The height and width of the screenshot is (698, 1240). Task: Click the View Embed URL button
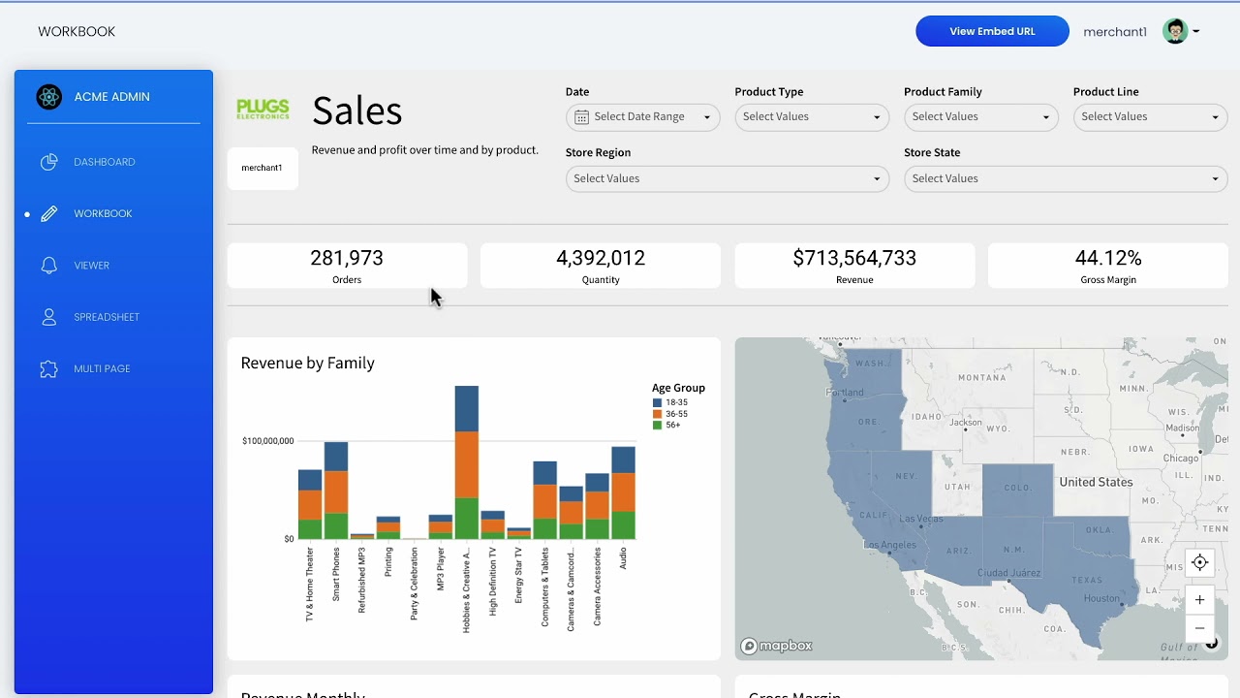pos(992,31)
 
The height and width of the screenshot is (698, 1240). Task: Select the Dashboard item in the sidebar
pos(104,162)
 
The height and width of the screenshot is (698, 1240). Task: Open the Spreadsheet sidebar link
pos(107,317)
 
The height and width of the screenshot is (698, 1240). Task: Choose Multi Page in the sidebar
pos(102,368)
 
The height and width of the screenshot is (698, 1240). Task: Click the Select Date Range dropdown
pos(642,117)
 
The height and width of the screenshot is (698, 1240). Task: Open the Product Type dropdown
pos(811,117)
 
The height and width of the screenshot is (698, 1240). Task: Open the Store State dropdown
pos(1065,178)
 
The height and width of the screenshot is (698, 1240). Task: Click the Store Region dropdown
pos(727,178)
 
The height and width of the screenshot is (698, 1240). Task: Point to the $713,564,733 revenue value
pos(854,258)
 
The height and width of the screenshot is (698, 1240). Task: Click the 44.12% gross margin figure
pos(1108,258)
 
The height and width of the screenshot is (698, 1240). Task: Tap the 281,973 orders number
pos(347,258)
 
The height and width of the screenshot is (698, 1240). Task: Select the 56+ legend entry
pos(672,426)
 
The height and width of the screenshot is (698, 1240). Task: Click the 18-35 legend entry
pos(675,402)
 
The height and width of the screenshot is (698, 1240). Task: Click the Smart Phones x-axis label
pos(336,574)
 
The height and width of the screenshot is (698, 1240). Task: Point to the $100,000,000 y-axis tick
pos(267,441)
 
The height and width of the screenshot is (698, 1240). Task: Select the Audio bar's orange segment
pos(623,492)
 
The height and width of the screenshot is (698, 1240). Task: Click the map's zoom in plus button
pos(1199,599)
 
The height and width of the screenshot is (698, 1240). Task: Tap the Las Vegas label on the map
pos(920,519)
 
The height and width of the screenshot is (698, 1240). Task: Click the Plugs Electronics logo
pos(263,109)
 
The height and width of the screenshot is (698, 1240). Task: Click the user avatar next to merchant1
pos(1175,31)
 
